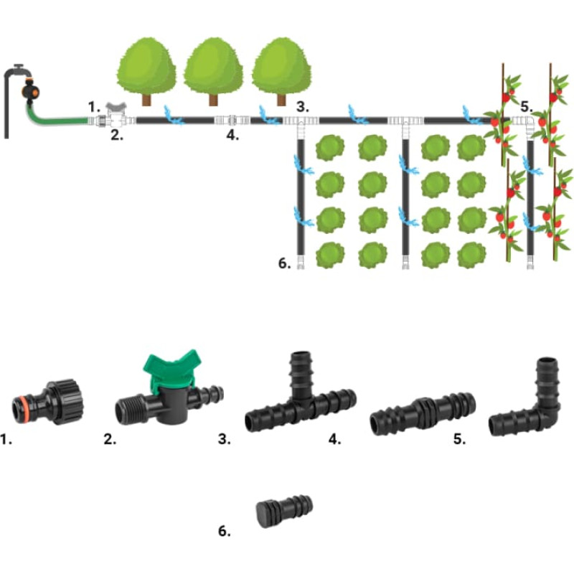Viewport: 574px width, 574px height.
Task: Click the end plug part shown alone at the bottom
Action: [284, 509]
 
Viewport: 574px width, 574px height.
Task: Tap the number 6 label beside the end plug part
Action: [225, 532]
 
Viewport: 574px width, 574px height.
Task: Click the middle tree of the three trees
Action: [214, 68]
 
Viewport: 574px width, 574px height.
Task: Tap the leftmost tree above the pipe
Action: [146, 68]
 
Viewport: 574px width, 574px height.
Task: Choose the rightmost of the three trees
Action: [281, 68]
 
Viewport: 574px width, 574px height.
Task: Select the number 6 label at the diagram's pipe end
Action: [283, 263]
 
